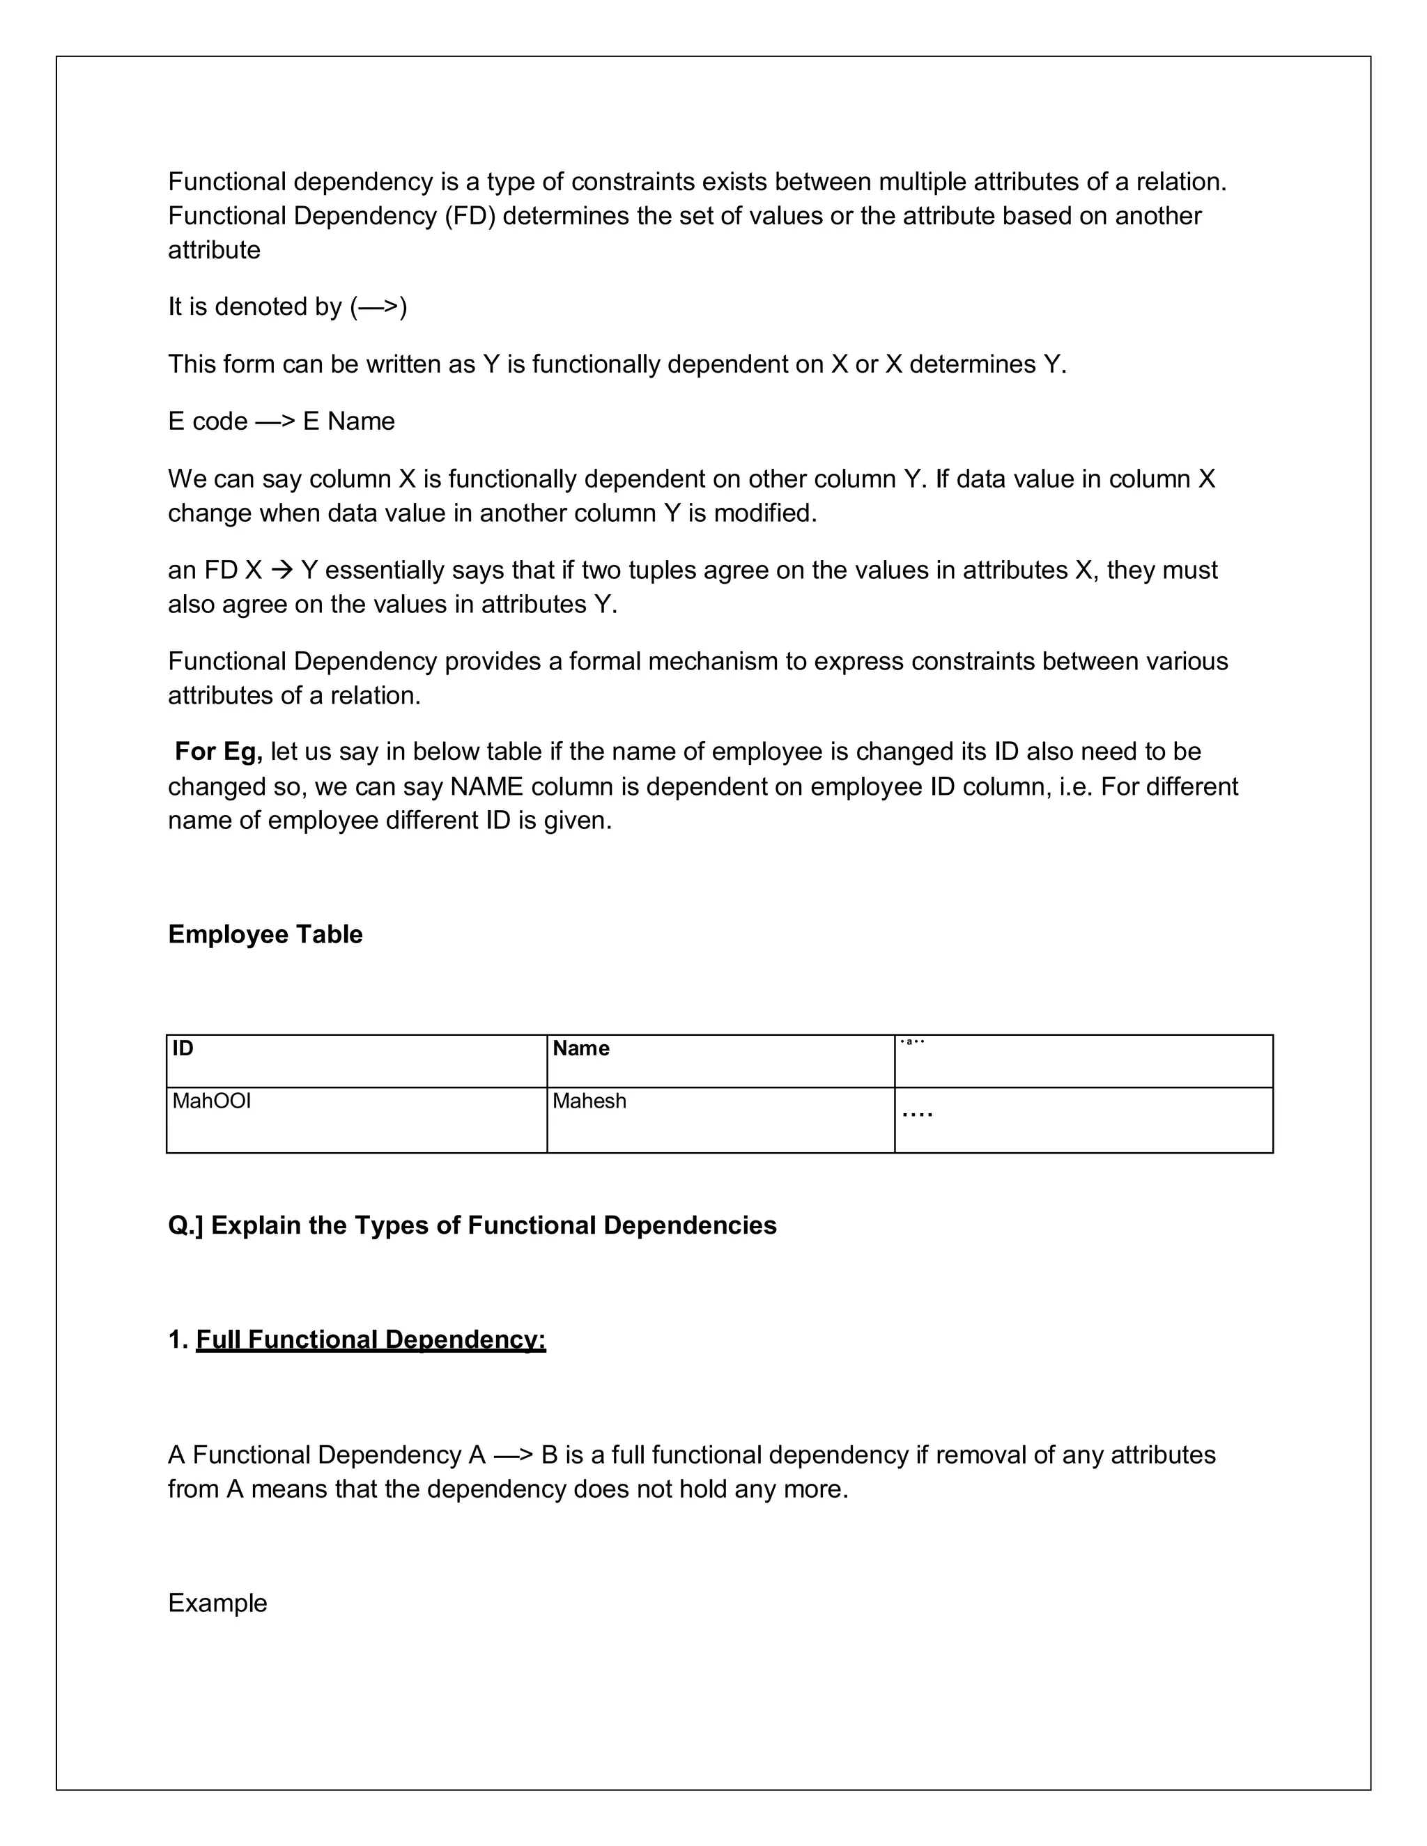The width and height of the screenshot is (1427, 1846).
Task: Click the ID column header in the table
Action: point(183,1048)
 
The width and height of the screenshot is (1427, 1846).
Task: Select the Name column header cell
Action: point(581,1048)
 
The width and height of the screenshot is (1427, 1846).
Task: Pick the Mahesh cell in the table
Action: point(589,1101)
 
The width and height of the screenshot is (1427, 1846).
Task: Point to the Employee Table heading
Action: point(265,934)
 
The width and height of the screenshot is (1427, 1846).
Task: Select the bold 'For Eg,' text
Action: point(218,752)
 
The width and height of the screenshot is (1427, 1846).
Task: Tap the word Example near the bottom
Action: point(217,1603)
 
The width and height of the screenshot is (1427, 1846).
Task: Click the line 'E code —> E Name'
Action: point(281,421)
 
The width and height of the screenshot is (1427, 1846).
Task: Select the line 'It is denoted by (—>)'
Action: point(288,306)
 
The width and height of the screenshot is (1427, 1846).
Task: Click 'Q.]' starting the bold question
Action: point(185,1225)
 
